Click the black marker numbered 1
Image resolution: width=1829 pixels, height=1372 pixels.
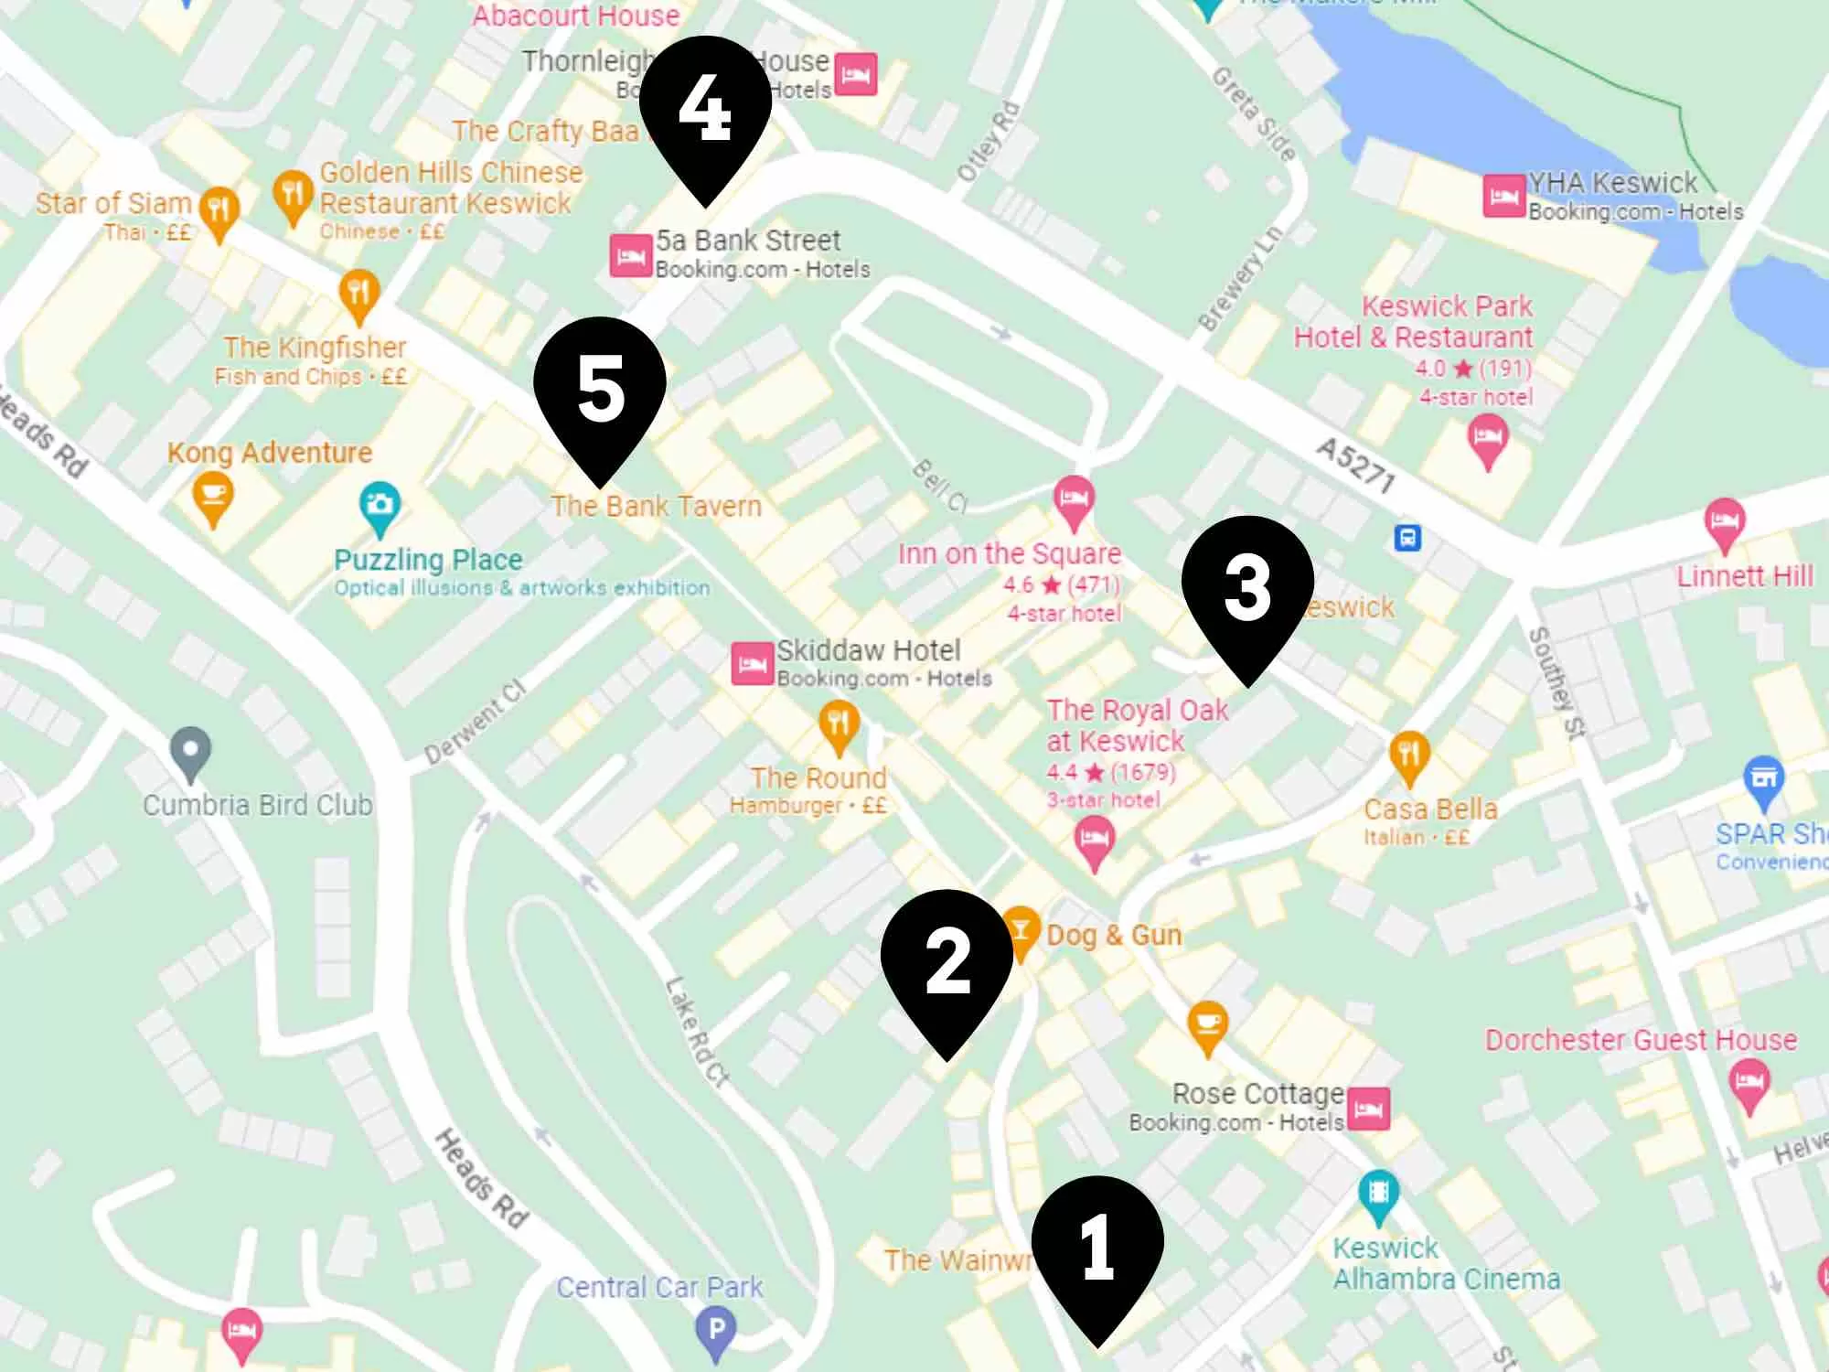[1097, 1249]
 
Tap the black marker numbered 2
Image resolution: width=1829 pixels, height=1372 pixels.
[947, 960]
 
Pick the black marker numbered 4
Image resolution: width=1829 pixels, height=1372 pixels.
[705, 108]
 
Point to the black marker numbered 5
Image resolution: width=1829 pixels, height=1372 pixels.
[600, 389]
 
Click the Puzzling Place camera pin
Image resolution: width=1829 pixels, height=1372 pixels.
[380, 505]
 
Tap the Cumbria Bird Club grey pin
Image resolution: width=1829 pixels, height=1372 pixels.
[190, 751]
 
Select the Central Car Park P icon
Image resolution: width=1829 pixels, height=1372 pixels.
[716, 1328]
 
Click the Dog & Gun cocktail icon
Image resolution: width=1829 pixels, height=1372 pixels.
[1020, 930]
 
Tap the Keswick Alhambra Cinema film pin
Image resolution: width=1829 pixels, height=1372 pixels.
[1378, 1194]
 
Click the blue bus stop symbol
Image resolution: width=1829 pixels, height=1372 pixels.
[1407, 537]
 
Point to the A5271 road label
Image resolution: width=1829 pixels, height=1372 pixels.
[1356, 465]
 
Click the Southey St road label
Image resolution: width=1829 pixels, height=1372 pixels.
[1557, 681]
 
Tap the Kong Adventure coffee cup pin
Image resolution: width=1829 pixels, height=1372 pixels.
[213, 496]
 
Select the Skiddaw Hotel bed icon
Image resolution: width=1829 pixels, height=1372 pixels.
[753, 664]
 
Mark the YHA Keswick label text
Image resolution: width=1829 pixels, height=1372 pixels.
[1612, 183]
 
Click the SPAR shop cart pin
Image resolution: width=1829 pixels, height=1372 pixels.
[1764, 779]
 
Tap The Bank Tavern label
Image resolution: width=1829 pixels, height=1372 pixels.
[656, 506]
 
